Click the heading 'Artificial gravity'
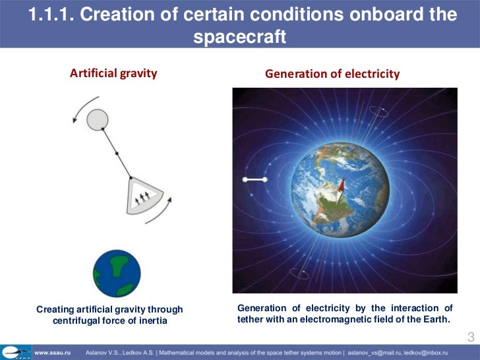click(113, 73)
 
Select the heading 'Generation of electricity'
click(332, 74)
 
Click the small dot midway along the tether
click(116, 153)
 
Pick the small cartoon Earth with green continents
click(116, 273)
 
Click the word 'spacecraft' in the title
click(239, 38)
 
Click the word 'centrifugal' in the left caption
click(78, 320)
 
